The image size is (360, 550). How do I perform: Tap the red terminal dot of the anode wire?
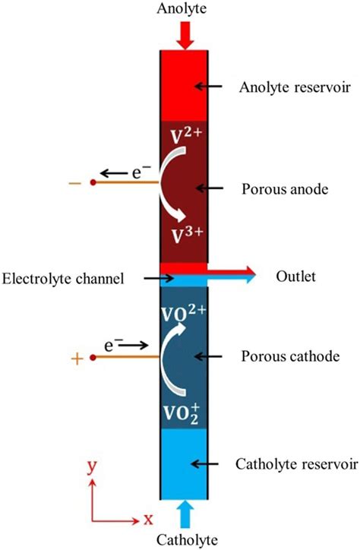[93, 183]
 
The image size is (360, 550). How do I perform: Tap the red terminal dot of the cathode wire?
[93, 357]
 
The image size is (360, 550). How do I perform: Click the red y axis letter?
[91, 468]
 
